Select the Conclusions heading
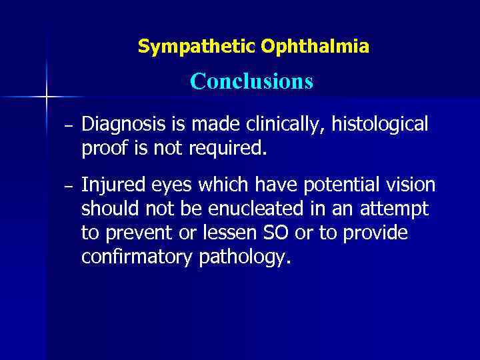[251, 81]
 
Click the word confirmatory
[137, 257]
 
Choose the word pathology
[245, 257]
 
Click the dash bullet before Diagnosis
[69, 126]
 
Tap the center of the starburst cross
[46, 98]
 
